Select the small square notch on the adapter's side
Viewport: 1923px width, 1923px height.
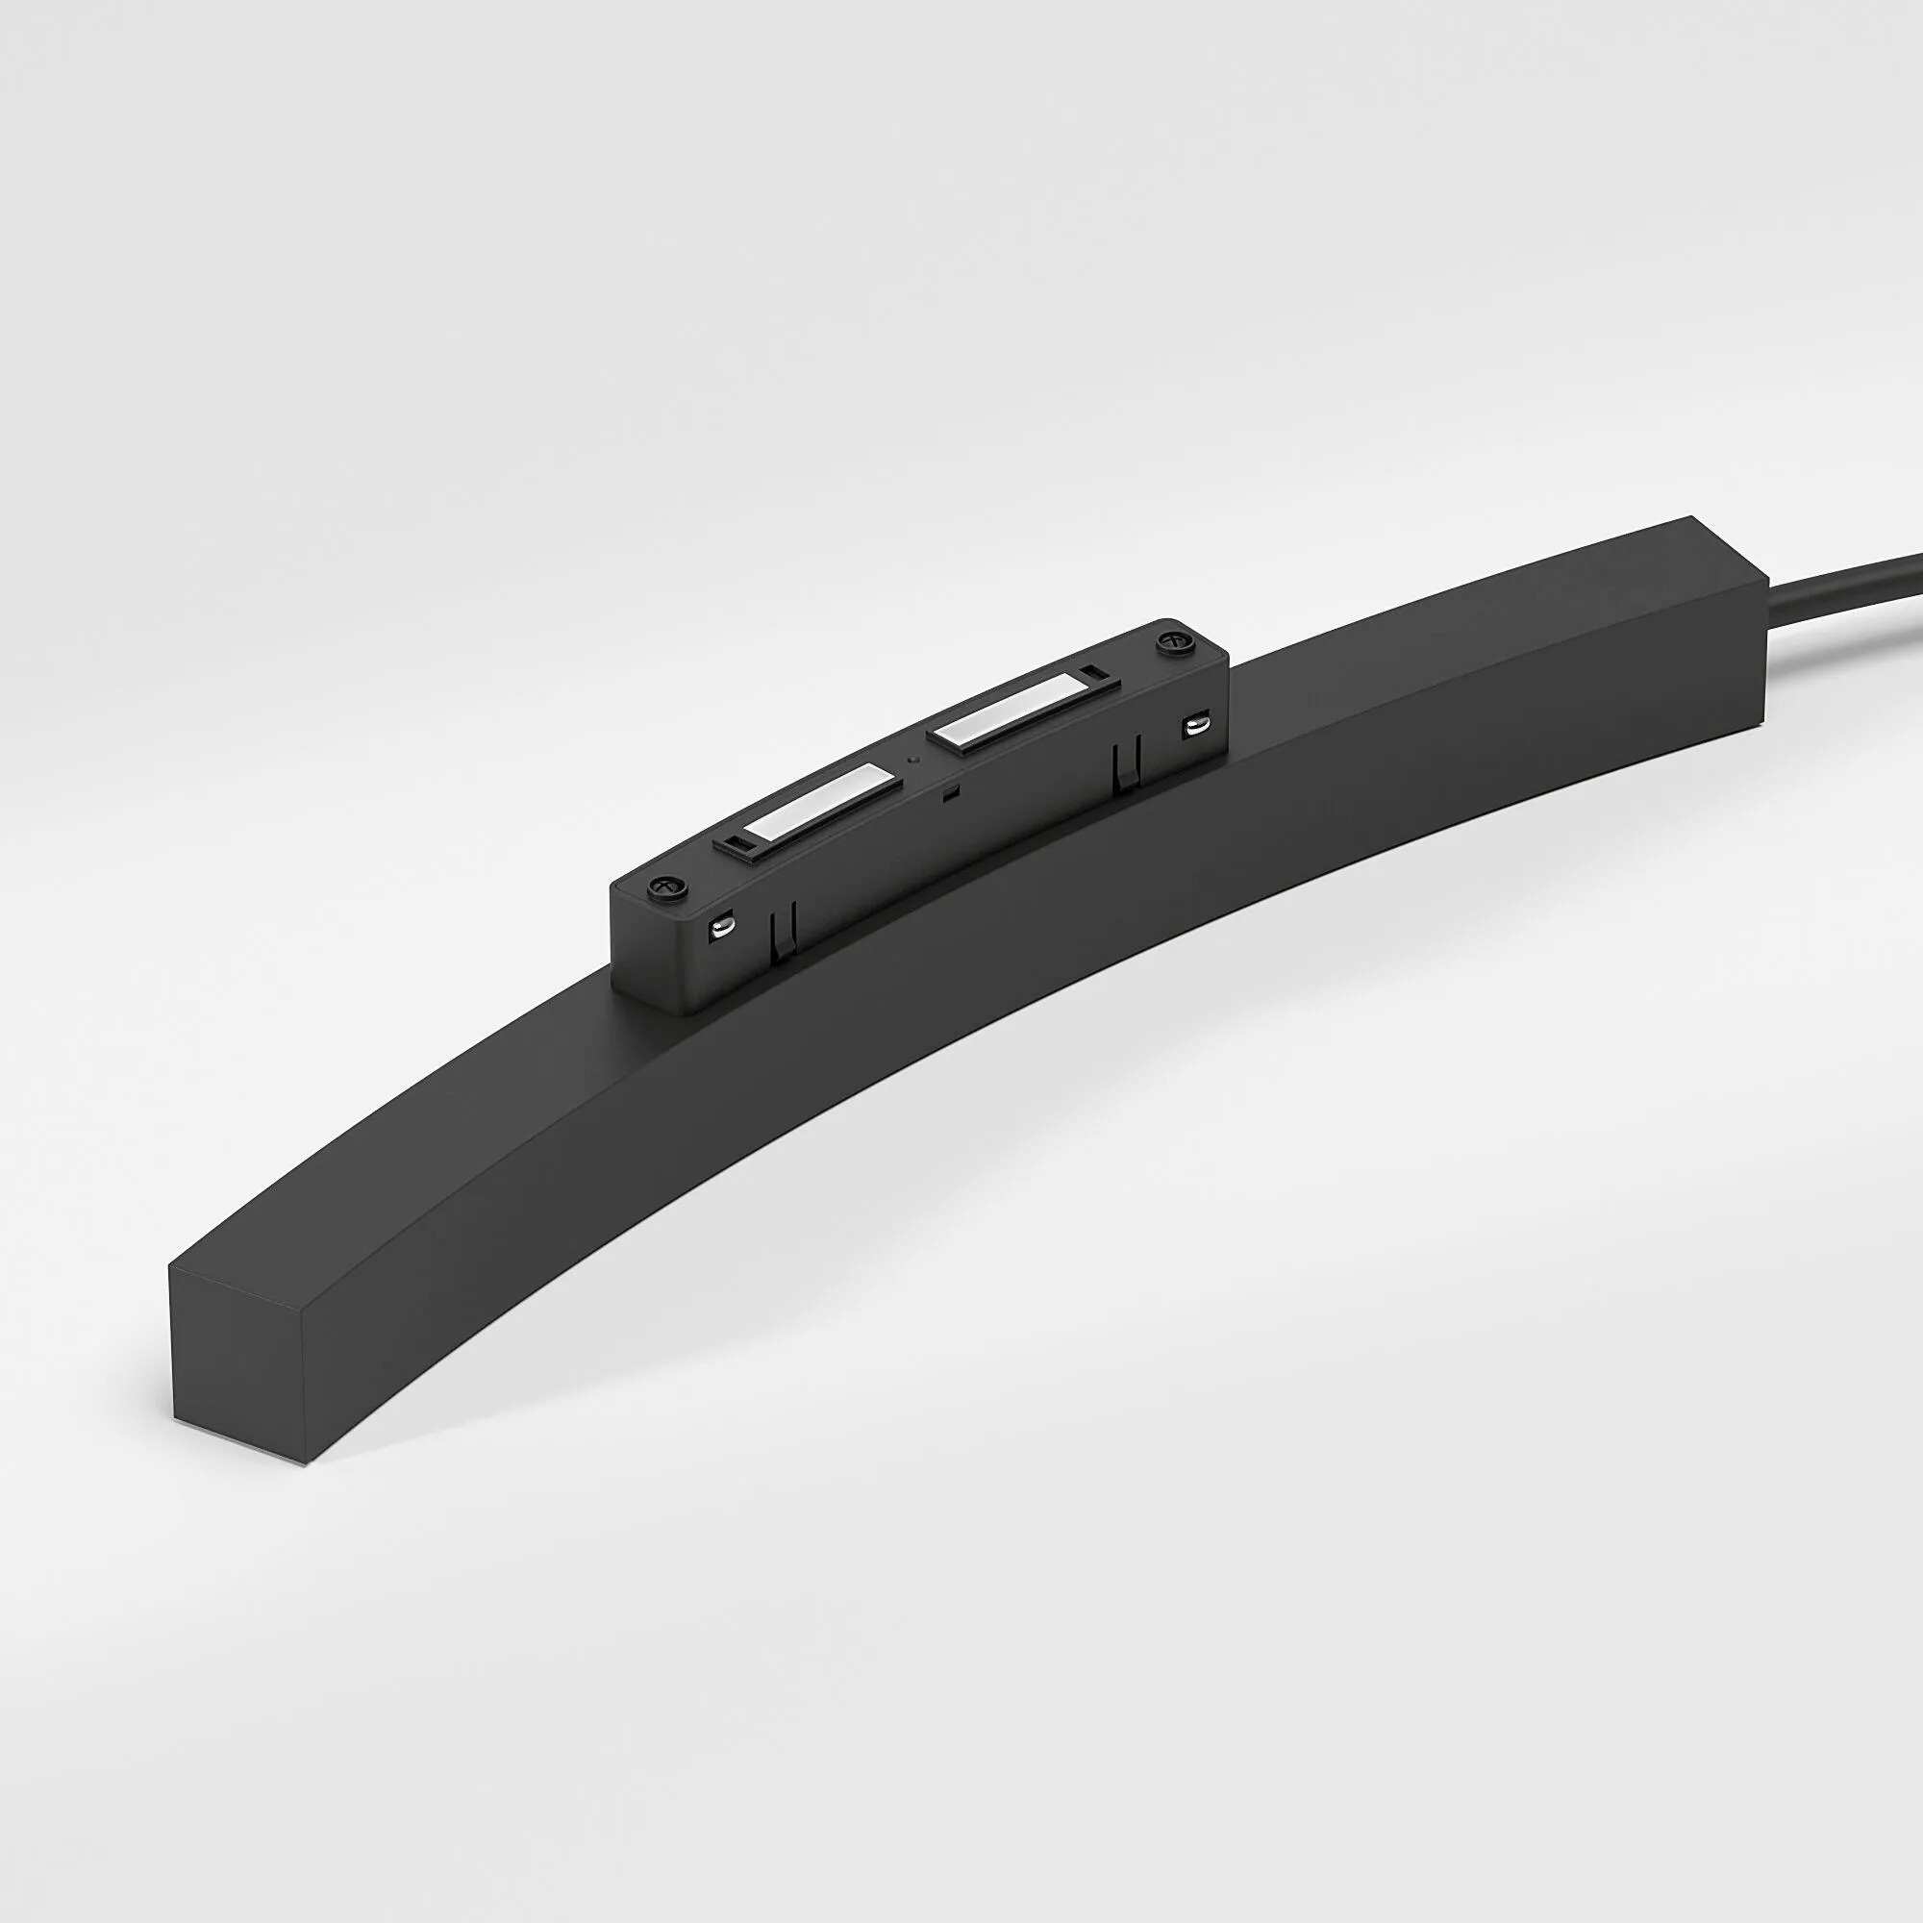[951, 793]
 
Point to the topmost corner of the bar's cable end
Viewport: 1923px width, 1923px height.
[1689, 516]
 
